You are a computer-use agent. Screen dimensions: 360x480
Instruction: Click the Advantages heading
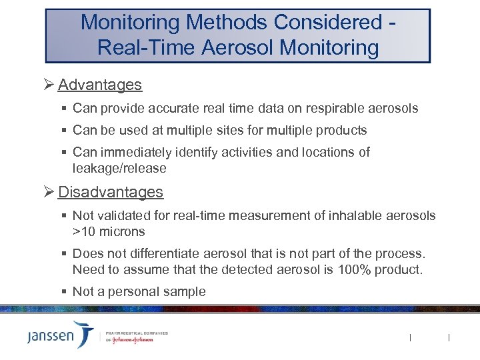tap(99, 85)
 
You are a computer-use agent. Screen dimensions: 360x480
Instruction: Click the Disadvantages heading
tap(110, 192)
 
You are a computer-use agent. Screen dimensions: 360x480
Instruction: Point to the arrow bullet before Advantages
tap(48, 85)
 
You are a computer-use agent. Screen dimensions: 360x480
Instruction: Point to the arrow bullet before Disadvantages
tap(48, 192)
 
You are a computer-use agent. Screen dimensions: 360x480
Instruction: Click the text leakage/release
tap(119, 168)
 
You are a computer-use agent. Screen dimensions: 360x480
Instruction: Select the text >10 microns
tap(109, 231)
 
